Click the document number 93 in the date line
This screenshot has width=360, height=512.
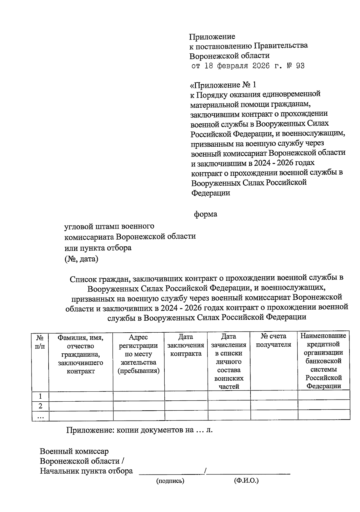coord(300,66)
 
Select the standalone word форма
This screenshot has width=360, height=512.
coord(205,214)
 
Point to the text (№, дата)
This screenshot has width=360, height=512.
coord(81,259)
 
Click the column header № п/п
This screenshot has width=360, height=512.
coord(40,341)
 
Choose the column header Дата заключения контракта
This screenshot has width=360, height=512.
coord(186,346)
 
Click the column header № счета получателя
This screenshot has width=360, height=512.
coord(274,340)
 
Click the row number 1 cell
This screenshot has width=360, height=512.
coord(40,396)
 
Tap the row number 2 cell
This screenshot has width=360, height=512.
coord(40,406)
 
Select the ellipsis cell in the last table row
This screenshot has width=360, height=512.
coord(40,416)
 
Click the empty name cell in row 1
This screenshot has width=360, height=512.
coord(81,396)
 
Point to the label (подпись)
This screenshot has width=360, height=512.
coord(170,481)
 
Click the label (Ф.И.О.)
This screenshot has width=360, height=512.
coord(246,481)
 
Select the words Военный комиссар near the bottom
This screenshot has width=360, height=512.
coord(74,451)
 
